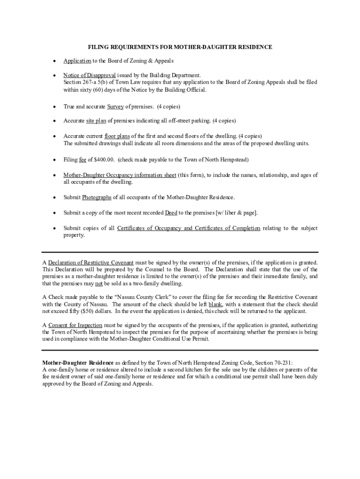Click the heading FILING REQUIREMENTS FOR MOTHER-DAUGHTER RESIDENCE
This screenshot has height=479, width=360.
click(180, 47)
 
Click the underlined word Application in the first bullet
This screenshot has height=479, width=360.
click(77, 61)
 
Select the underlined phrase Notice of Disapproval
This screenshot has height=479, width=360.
click(89, 75)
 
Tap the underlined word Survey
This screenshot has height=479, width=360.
click(115, 107)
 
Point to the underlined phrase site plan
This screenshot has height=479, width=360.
click(96, 121)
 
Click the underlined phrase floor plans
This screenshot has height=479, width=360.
click(117, 136)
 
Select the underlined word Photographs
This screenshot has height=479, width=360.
click(97, 197)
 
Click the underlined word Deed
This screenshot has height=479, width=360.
click(171, 213)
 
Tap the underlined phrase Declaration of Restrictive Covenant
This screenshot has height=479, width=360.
click(91, 262)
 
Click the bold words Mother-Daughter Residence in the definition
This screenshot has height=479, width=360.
click(78, 363)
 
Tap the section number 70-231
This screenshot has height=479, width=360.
click(281, 363)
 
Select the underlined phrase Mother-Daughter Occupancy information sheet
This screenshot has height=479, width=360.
click(120, 175)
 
